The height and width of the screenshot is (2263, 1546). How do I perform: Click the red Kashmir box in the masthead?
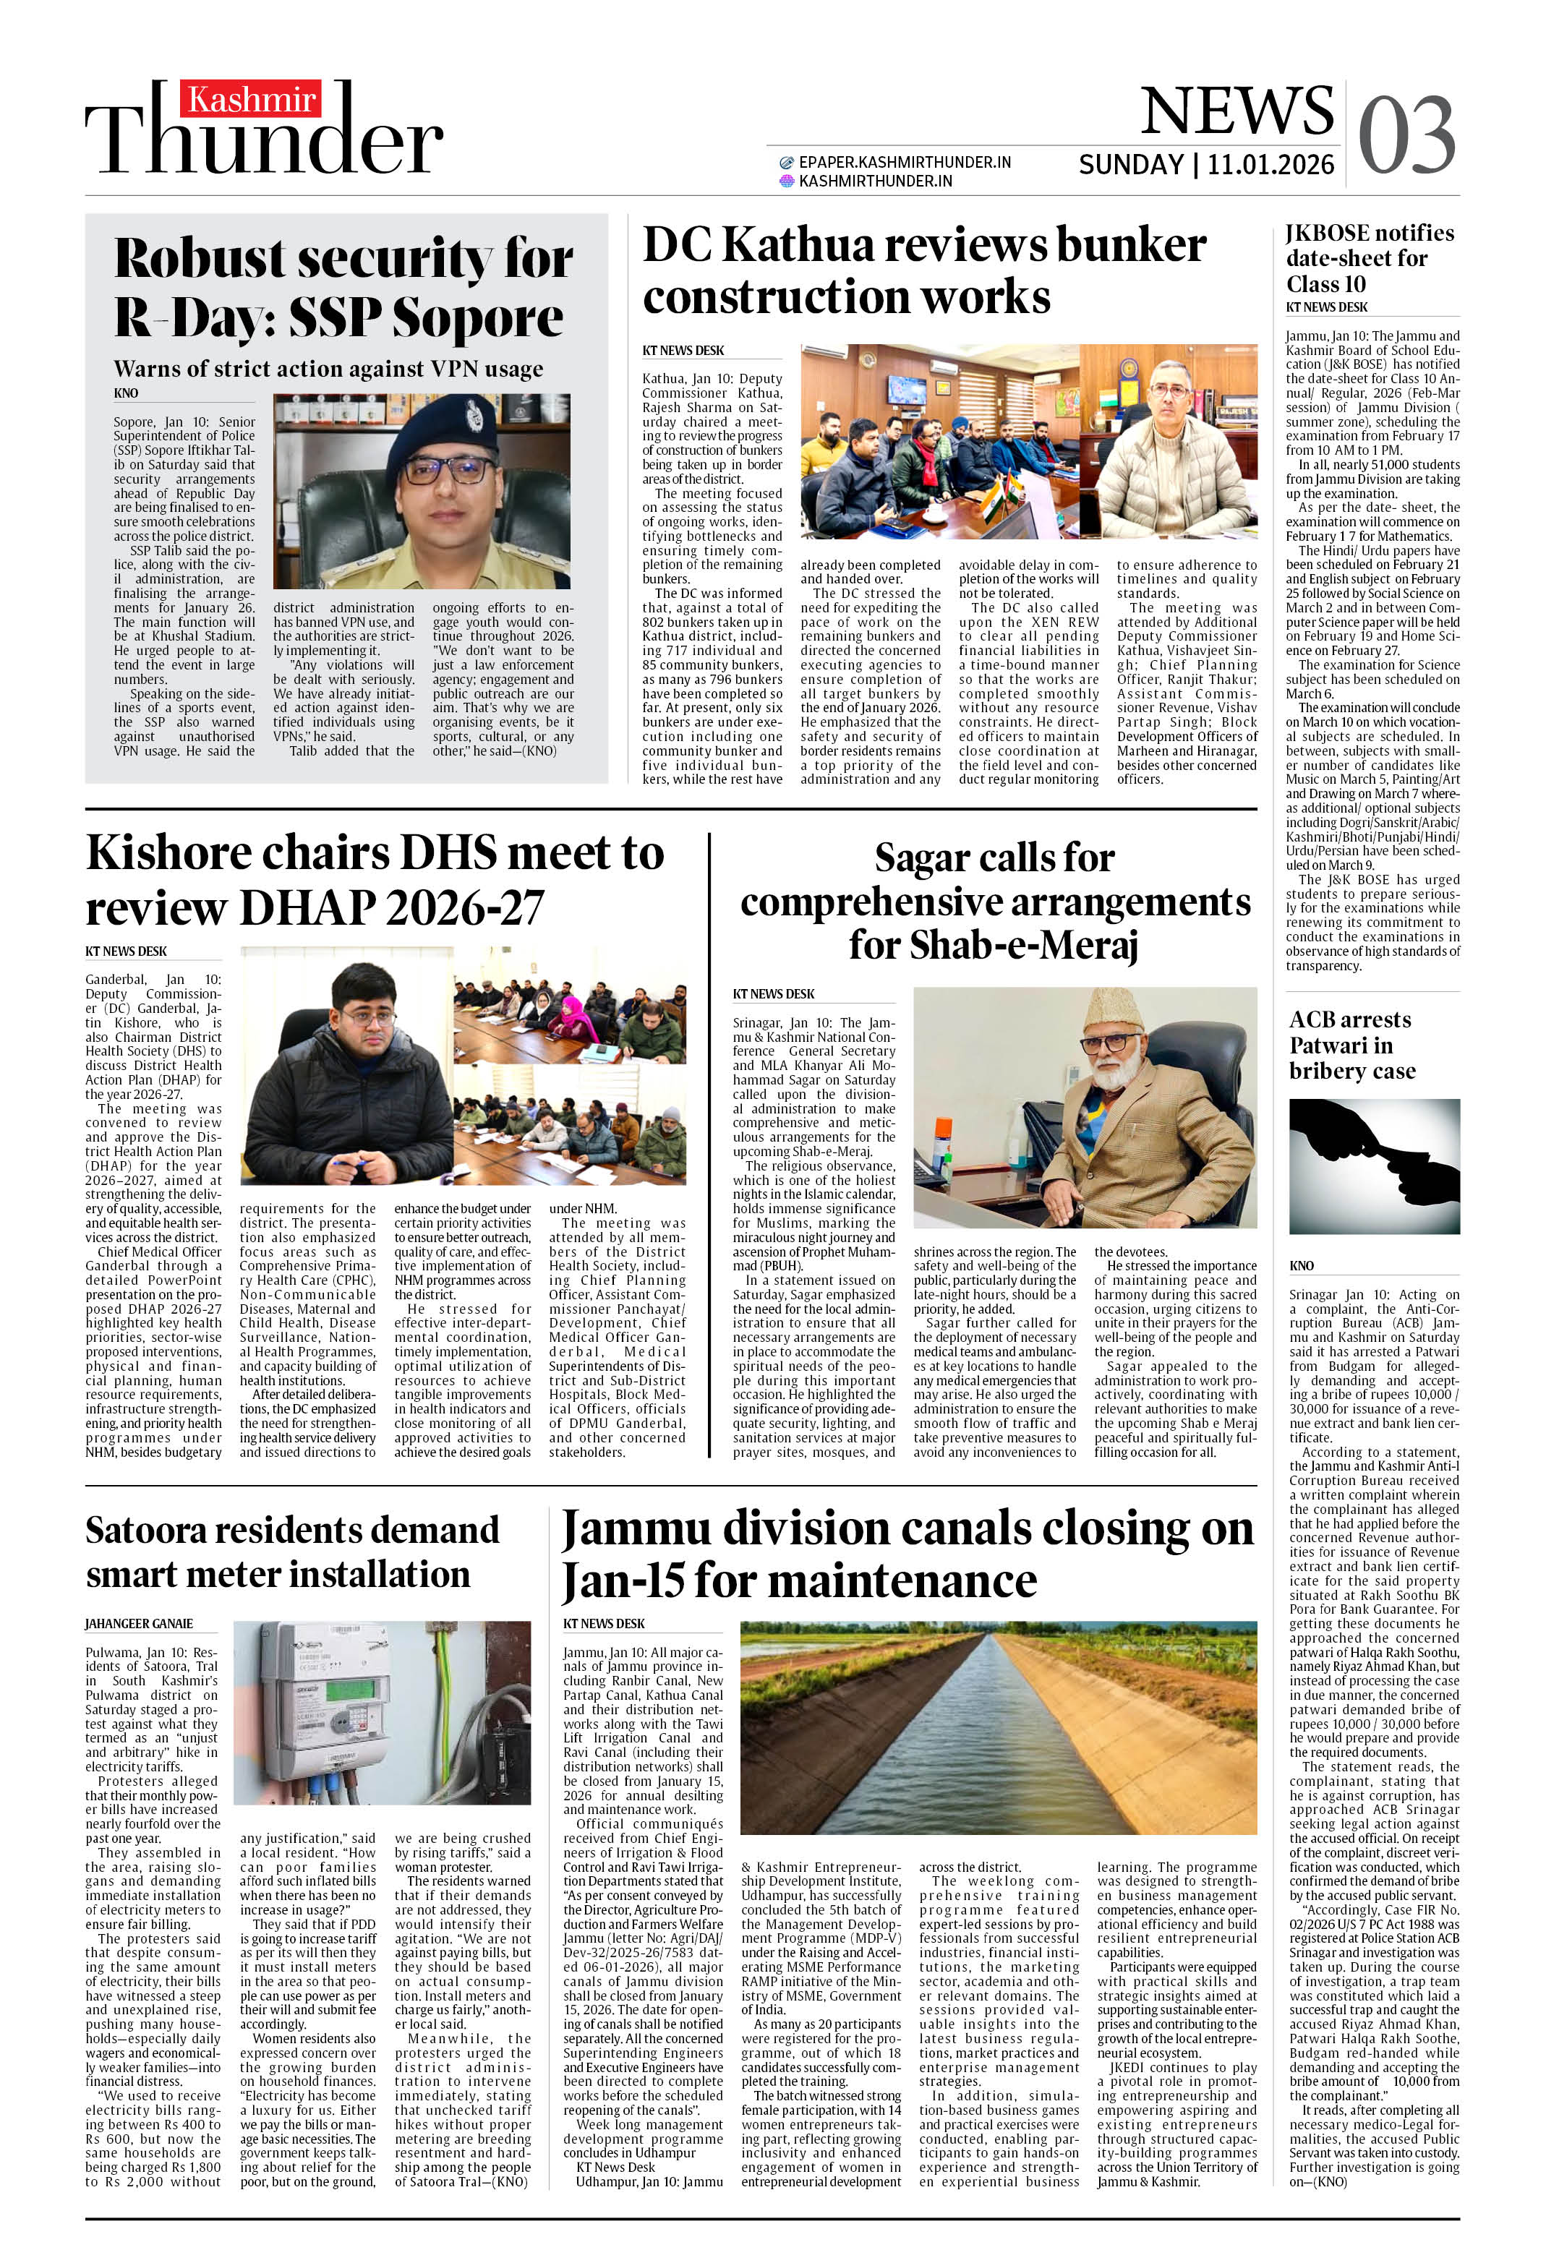pos(249,99)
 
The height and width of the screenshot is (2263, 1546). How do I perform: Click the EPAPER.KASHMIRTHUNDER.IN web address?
pos(903,163)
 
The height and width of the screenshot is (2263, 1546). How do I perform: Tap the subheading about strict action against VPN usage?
pos(328,369)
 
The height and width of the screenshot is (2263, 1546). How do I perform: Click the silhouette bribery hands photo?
pos(1374,1165)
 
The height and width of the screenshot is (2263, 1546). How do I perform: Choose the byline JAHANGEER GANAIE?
pos(138,1623)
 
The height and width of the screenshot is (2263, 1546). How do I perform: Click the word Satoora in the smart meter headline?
pos(144,1530)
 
